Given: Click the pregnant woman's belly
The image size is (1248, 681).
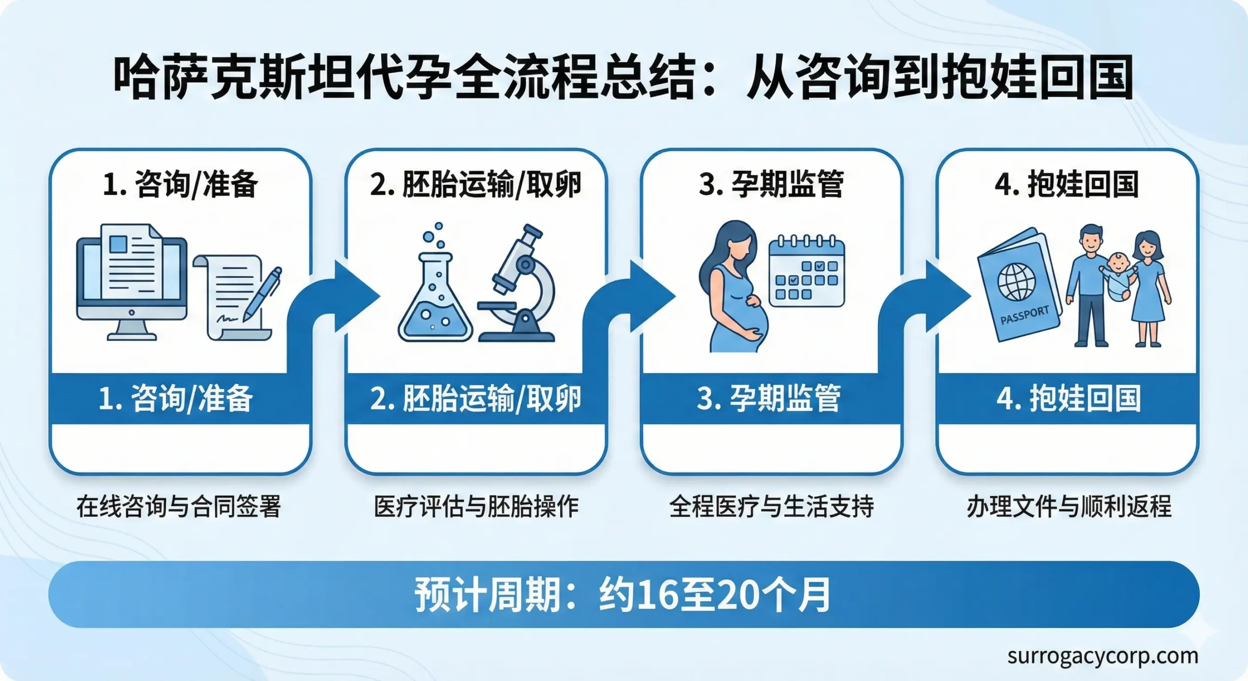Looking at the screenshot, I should [753, 320].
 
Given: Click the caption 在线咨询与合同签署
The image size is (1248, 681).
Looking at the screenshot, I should [179, 506].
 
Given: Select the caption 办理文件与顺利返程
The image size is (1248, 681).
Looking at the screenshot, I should [1069, 506].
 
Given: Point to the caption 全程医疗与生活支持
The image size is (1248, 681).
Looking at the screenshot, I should [772, 506].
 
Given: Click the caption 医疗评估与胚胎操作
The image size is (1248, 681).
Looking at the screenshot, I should [476, 506].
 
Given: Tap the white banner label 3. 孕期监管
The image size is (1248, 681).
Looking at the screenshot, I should [769, 399].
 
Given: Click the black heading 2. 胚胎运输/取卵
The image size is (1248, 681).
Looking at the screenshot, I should [476, 184].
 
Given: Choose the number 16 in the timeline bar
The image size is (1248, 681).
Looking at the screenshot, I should [657, 595].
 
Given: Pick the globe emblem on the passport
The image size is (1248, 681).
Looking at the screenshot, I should [1016, 282].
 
